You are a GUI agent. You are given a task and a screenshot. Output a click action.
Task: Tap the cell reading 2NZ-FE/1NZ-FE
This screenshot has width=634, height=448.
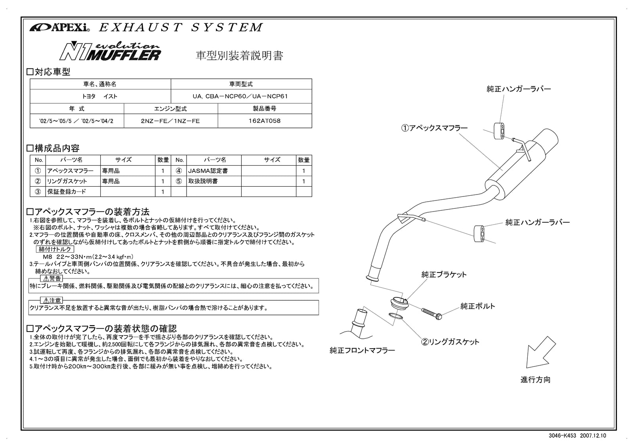[170, 121]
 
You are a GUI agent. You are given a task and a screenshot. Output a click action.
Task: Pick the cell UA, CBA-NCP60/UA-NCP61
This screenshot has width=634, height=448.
[241, 96]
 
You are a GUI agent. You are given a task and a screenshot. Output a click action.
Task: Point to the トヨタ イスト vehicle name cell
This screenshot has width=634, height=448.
[100, 96]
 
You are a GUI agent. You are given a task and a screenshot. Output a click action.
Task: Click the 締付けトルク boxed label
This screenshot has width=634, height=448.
[55, 249]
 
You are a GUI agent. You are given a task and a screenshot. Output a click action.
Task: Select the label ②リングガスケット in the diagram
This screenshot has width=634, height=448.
[450, 342]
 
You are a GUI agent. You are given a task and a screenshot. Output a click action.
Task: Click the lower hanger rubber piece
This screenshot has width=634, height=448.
[479, 233]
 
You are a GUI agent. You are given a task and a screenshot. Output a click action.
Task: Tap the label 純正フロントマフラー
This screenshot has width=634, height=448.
[362, 350]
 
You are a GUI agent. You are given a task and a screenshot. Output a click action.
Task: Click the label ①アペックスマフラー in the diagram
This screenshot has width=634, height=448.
[434, 128]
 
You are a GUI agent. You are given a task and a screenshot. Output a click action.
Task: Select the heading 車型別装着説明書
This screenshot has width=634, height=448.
[240, 56]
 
